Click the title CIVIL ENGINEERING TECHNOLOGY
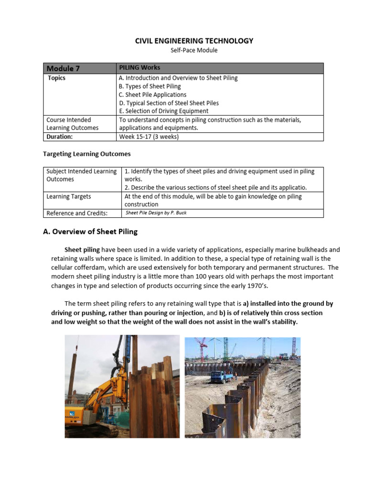[x=194, y=41]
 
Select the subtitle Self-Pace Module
[x=194, y=51]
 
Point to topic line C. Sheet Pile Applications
[x=152, y=95]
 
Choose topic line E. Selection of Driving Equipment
[x=163, y=111]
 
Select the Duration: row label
[x=60, y=137]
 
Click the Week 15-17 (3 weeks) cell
[x=149, y=137]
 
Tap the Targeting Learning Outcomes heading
[x=86, y=154]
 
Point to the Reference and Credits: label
[x=76, y=213]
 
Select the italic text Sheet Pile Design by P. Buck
[x=156, y=213]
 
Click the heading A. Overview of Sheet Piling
[x=90, y=232]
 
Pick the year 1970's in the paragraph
[x=264, y=286]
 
